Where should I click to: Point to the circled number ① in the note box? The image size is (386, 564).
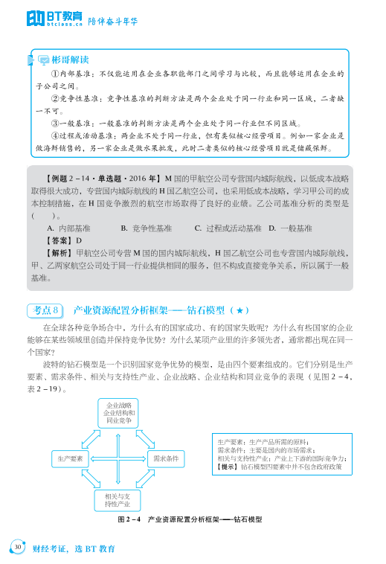[54, 74]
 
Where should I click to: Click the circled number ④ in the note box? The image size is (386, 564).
[54, 135]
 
